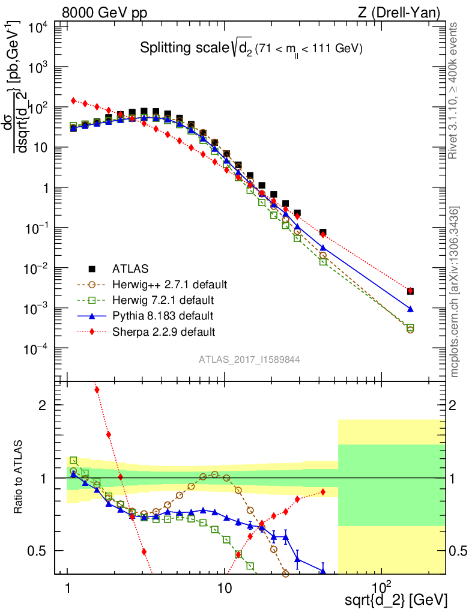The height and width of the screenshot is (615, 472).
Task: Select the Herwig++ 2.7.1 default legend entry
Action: tap(169, 284)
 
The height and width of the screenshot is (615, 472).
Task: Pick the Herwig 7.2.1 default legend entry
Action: tap(163, 300)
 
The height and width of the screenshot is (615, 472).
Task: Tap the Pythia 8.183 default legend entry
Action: tap(162, 315)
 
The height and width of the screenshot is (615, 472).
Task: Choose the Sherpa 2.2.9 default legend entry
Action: tap(163, 331)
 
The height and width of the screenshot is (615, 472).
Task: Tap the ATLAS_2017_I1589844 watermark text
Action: tap(250, 360)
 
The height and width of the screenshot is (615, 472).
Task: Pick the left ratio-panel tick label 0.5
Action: tap(39, 551)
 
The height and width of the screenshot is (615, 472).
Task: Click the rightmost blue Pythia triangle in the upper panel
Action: tap(410, 309)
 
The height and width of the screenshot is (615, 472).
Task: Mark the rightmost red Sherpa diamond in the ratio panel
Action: tap(323, 492)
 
